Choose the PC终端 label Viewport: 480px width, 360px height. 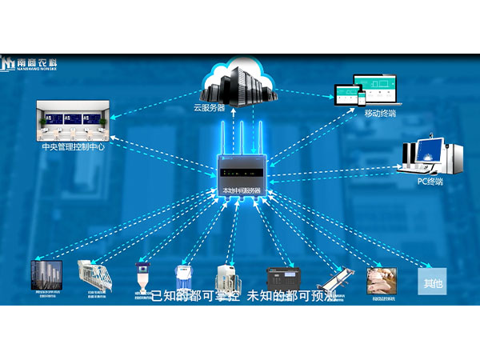[x=430, y=181]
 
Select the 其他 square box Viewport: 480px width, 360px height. [x=433, y=282]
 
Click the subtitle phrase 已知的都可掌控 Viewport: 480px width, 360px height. [x=194, y=295]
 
